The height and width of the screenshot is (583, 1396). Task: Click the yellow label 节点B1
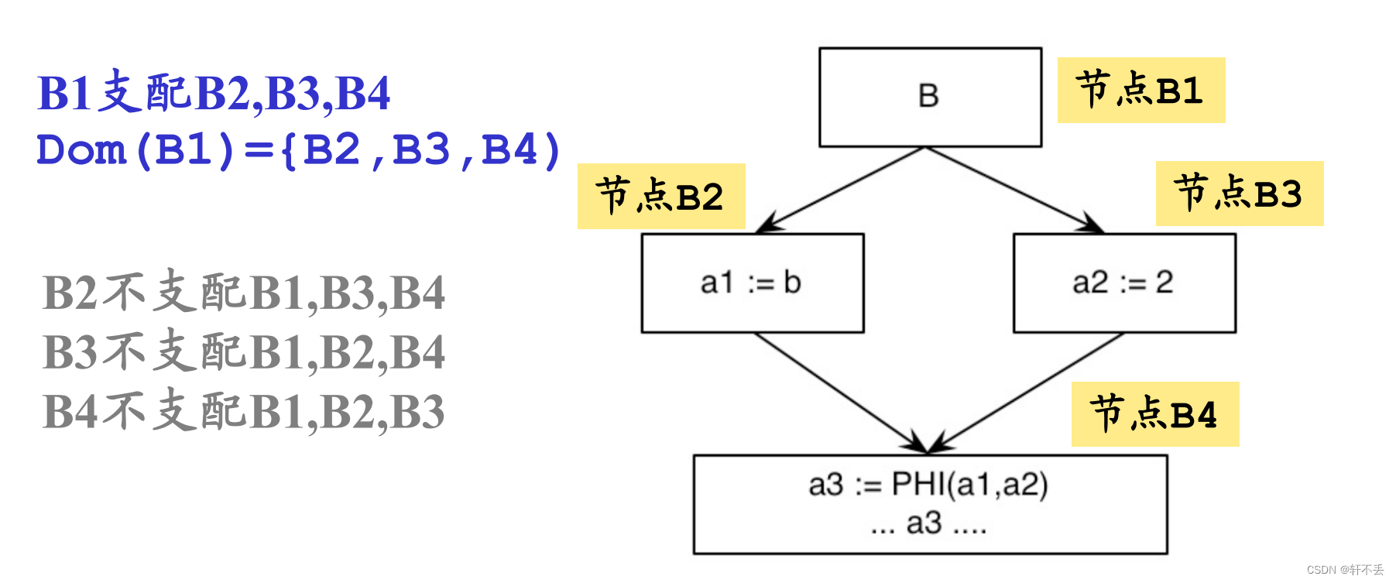click(x=1140, y=90)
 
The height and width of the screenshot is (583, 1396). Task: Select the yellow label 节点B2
click(x=660, y=196)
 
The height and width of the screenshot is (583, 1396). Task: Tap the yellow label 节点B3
click(x=1239, y=194)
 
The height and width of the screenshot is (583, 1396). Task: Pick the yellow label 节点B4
click(x=1154, y=414)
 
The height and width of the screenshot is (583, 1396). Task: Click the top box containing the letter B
click(x=930, y=97)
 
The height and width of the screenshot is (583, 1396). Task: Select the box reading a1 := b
click(x=752, y=283)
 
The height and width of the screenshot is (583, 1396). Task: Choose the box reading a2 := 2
click(x=1123, y=283)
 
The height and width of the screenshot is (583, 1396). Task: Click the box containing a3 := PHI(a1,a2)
click(x=930, y=504)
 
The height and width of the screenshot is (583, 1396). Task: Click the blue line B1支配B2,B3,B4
click(x=214, y=94)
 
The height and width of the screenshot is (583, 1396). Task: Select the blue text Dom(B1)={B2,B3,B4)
click(x=298, y=149)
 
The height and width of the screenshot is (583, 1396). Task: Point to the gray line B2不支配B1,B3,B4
click(x=243, y=293)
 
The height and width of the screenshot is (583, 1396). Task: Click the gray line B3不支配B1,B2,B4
click(x=243, y=352)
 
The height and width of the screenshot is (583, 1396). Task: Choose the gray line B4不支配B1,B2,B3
click(x=243, y=410)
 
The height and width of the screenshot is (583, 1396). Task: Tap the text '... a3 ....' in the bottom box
click(x=928, y=524)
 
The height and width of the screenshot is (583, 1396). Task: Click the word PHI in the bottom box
click(x=918, y=485)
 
